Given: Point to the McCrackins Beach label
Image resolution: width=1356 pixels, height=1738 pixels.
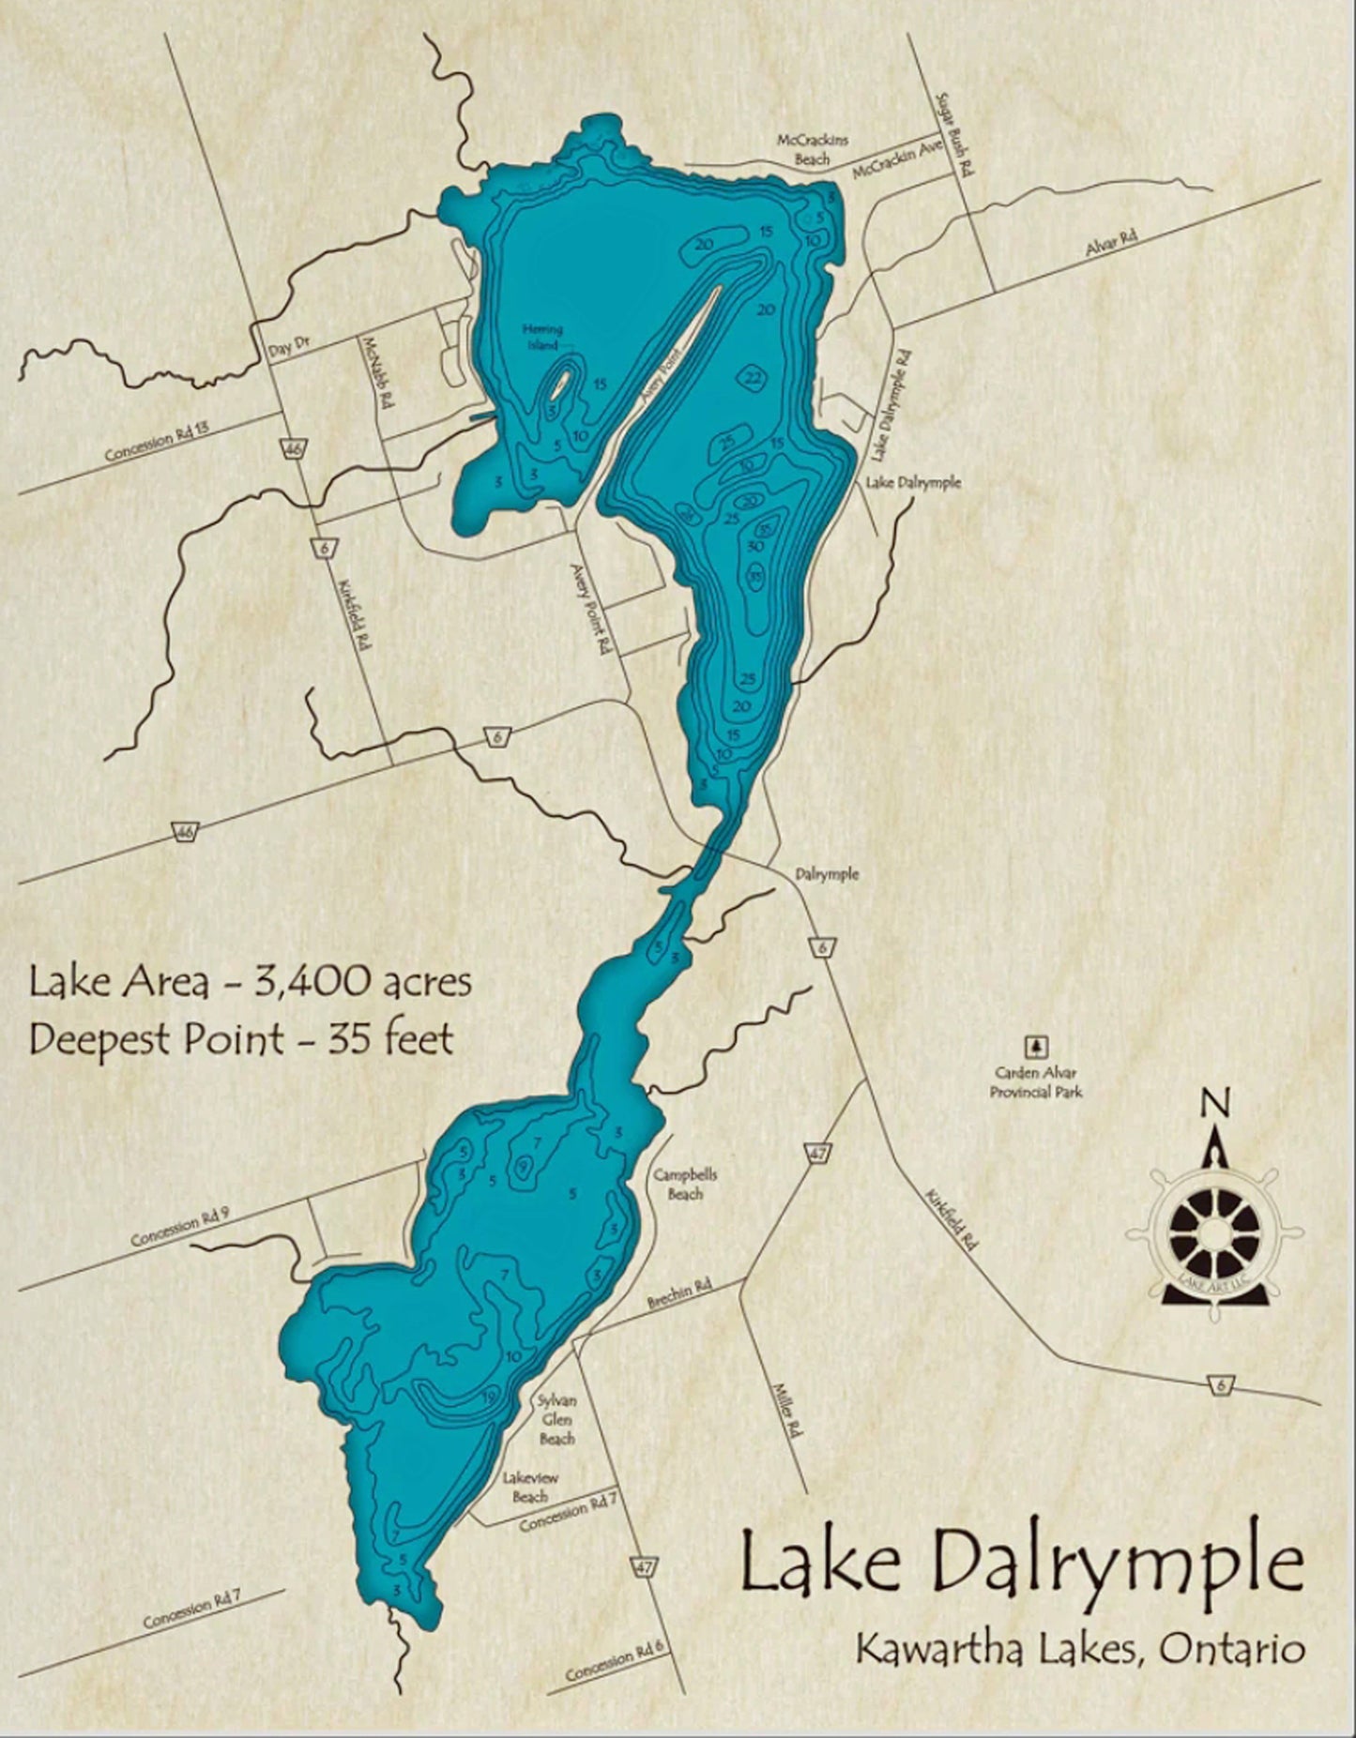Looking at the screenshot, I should click(812, 149).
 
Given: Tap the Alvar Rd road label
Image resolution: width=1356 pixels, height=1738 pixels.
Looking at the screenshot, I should click(1110, 243).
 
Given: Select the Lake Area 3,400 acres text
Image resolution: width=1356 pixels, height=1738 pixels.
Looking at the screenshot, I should click(250, 982).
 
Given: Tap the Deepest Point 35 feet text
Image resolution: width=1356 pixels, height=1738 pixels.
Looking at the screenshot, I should click(242, 1039).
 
